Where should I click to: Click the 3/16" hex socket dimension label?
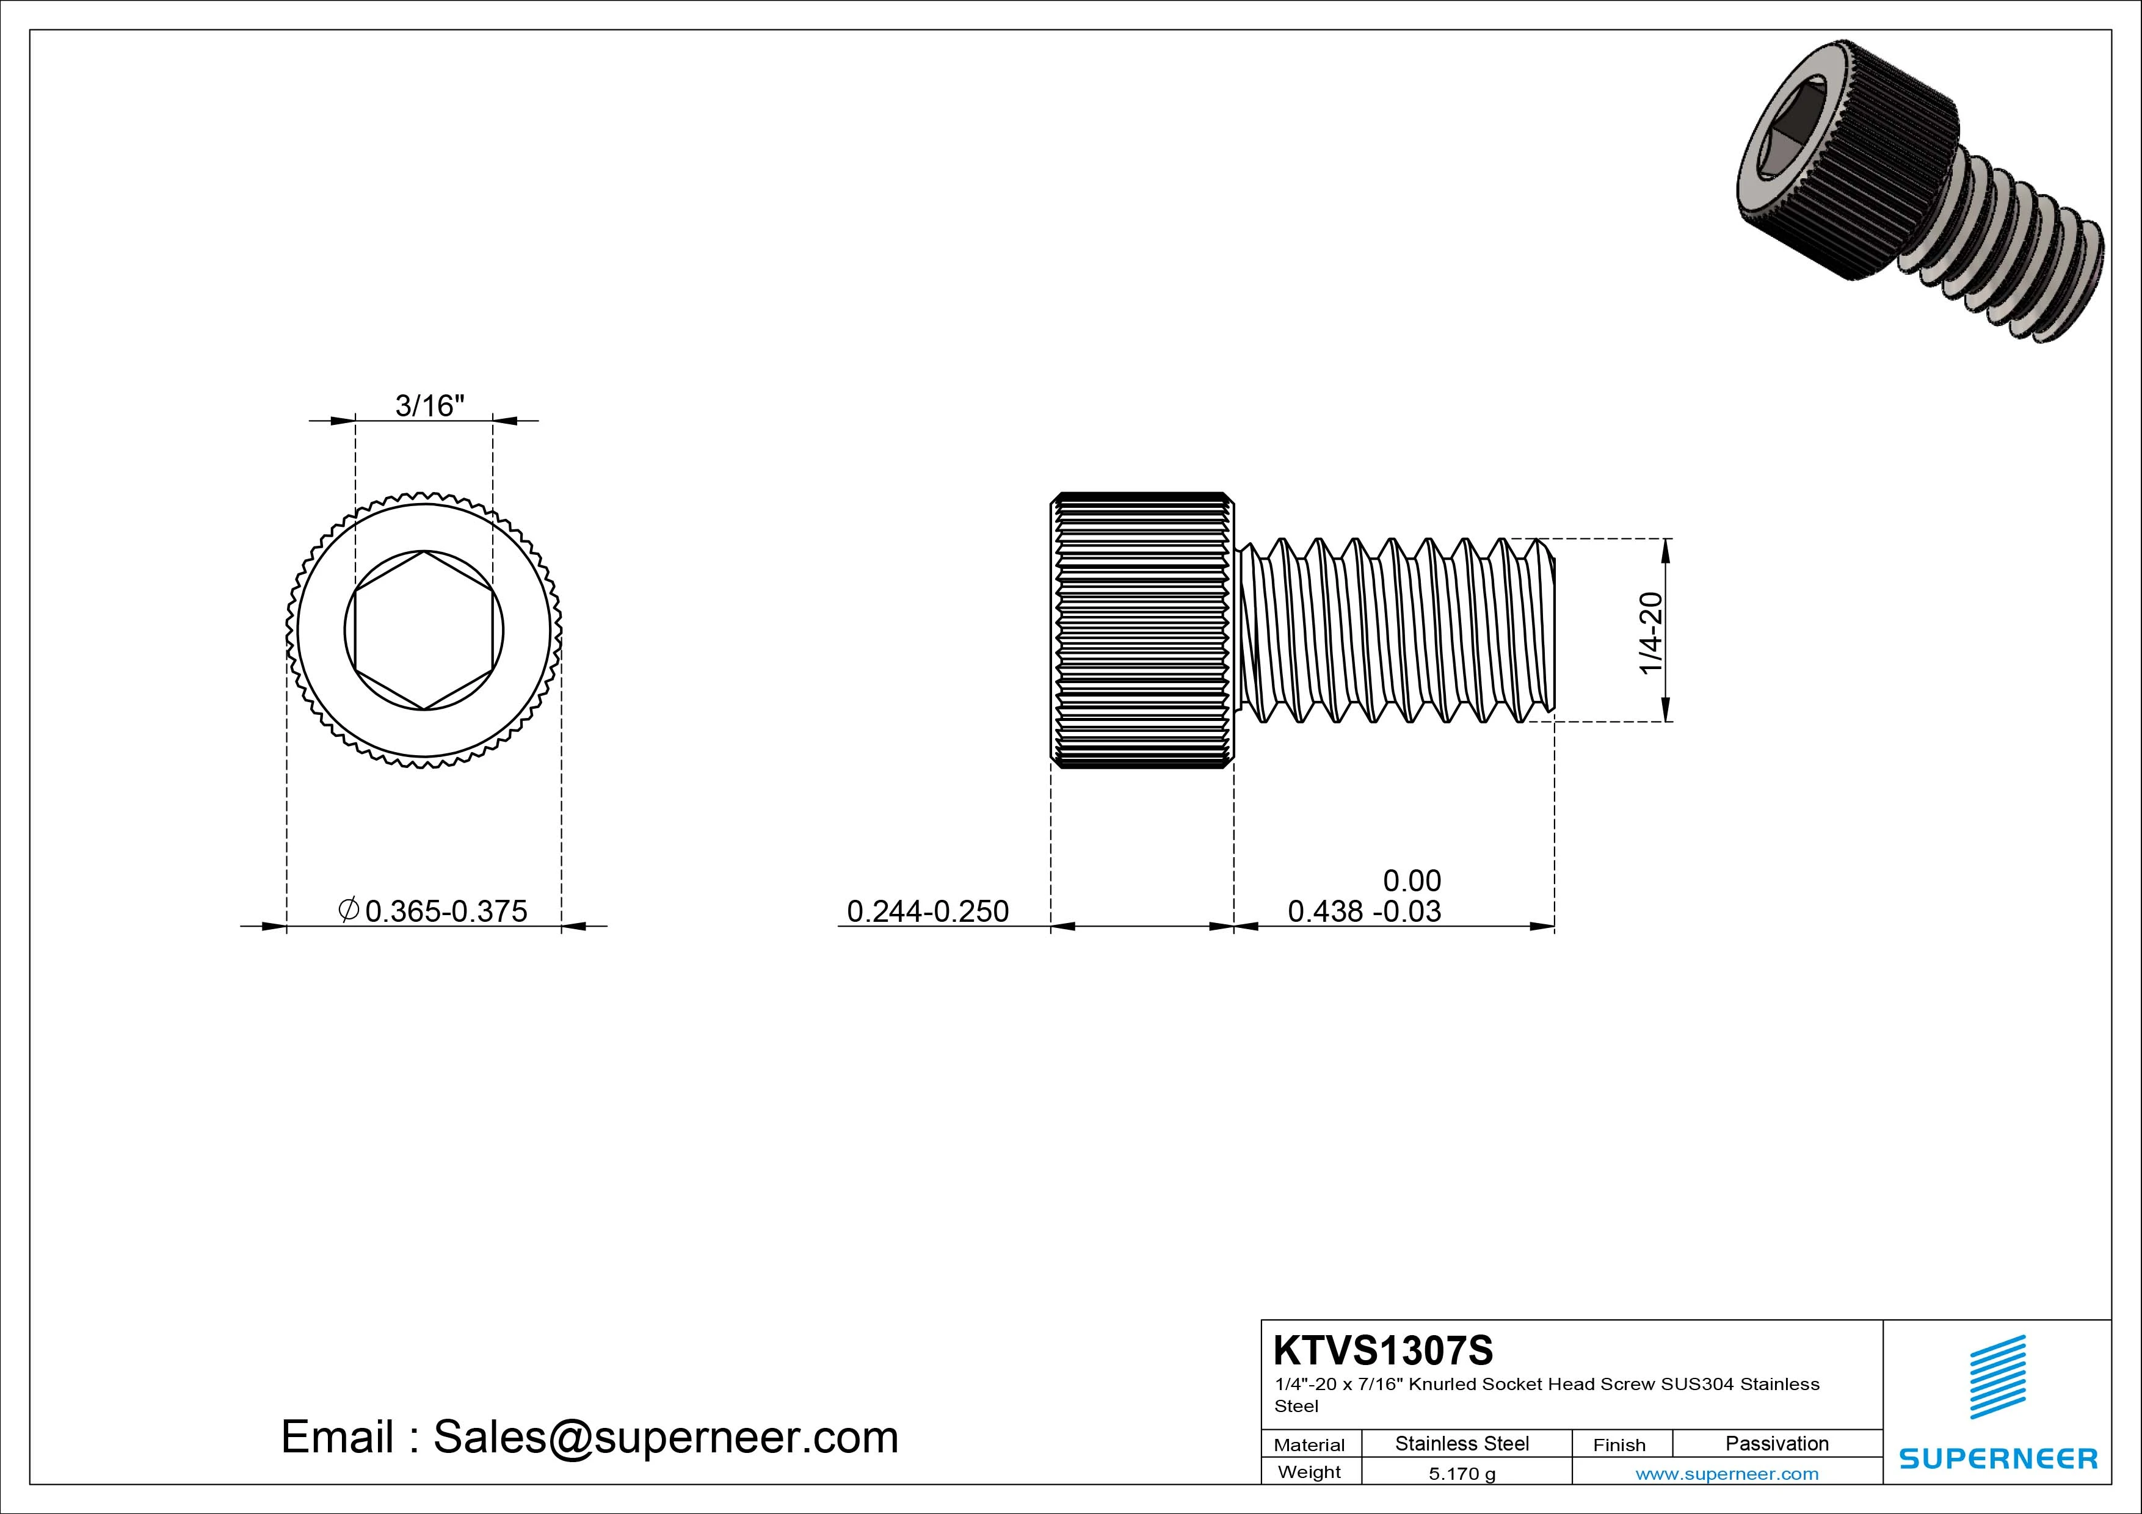point(429,406)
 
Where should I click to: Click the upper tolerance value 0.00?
point(1412,880)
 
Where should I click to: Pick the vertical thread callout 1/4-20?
point(1650,631)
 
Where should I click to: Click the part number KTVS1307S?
point(1382,1350)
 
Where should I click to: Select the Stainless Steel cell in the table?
point(1461,1443)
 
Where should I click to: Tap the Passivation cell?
point(1776,1443)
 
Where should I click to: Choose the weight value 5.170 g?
point(1461,1474)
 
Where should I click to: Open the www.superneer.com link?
point(1727,1474)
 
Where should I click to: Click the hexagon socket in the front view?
point(424,631)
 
